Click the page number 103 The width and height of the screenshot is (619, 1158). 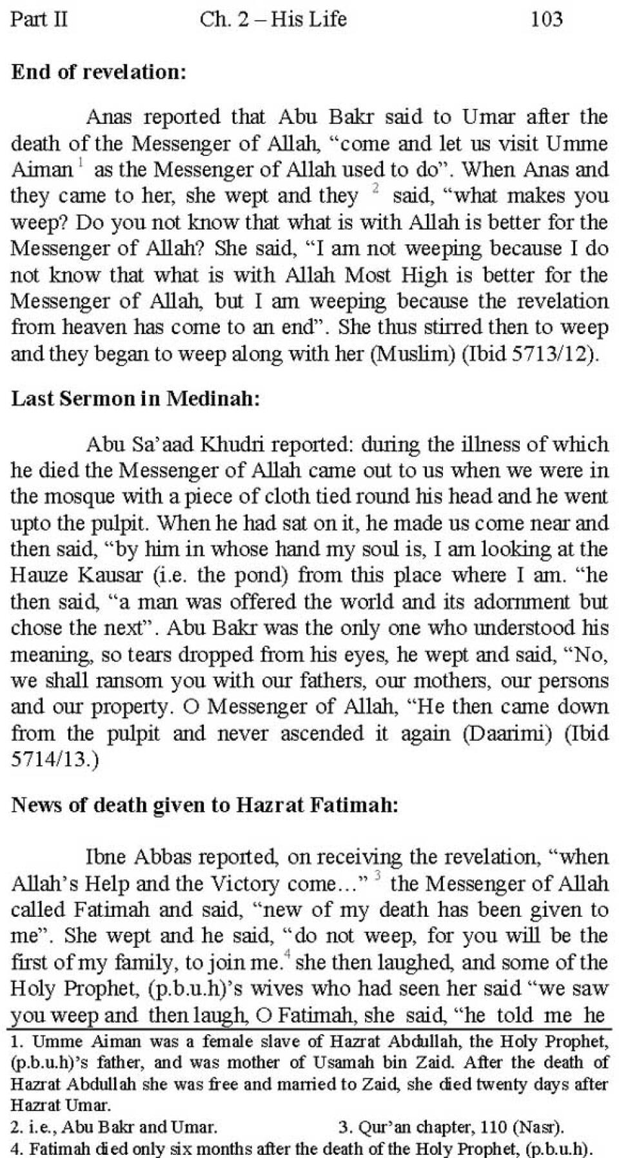(x=546, y=19)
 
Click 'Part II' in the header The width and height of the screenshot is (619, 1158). (x=39, y=19)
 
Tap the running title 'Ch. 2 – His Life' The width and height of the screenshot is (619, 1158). (x=273, y=19)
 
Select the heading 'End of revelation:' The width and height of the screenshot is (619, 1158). (x=99, y=72)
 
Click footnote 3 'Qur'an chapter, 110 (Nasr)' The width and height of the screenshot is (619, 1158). (x=451, y=1128)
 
